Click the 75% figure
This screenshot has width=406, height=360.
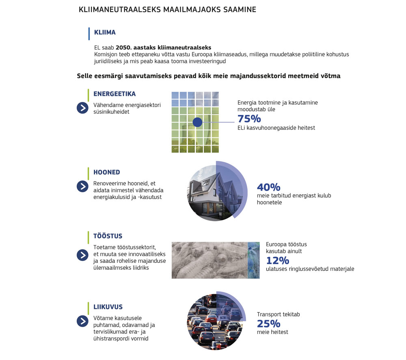[x=249, y=119]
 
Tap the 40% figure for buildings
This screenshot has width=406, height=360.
[x=268, y=187]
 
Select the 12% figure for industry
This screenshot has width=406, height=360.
[x=277, y=260]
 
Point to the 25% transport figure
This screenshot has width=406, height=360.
[x=268, y=323]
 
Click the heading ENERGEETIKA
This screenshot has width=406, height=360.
[x=114, y=94]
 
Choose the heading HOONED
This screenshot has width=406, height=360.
[x=107, y=172]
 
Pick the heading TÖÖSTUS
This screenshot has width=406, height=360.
[x=108, y=236]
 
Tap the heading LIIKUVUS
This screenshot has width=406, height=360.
[x=108, y=307]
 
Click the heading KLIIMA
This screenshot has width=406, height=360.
[x=105, y=32]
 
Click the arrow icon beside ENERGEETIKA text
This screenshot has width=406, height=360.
[x=82, y=108]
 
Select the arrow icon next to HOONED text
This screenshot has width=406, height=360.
[x=82, y=186]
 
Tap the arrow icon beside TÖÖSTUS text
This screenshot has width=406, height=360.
[x=82, y=255]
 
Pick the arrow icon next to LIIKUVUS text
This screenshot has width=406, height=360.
[x=82, y=321]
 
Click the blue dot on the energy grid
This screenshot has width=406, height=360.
[x=197, y=122]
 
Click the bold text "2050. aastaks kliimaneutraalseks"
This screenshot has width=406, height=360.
[x=163, y=47]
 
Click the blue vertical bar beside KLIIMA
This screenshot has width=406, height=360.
[x=89, y=34]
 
